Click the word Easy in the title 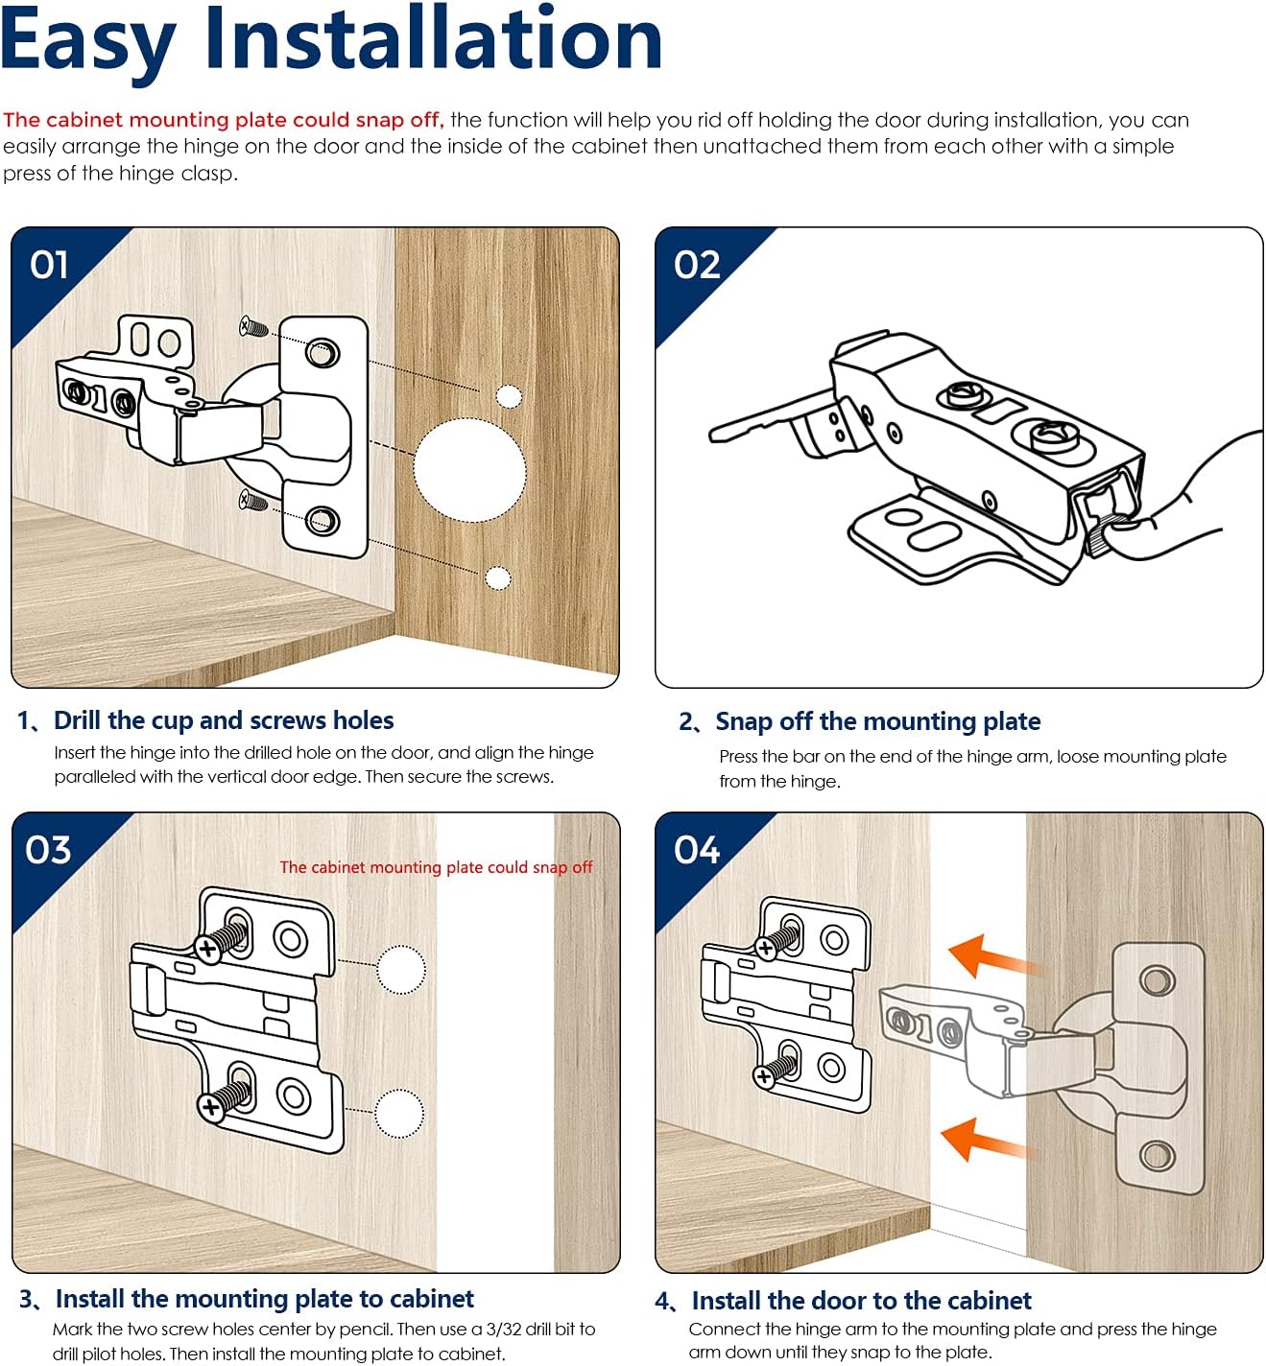pos(88,40)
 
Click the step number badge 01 pos(50,265)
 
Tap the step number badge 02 pos(697,265)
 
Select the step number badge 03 pos(49,850)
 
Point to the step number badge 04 pos(696,850)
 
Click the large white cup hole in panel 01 pos(469,470)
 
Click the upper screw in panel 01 pos(253,328)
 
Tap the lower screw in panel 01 pos(253,499)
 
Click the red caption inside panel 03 pos(436,867)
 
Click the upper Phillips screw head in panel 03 pos(208,948)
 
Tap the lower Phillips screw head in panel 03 pos(210,1107)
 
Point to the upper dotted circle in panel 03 pos(400,970)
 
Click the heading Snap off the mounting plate pos(877,721)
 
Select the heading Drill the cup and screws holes pos(224,720)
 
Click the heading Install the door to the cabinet pos(861,1301)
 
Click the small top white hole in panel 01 pos(508,396)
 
